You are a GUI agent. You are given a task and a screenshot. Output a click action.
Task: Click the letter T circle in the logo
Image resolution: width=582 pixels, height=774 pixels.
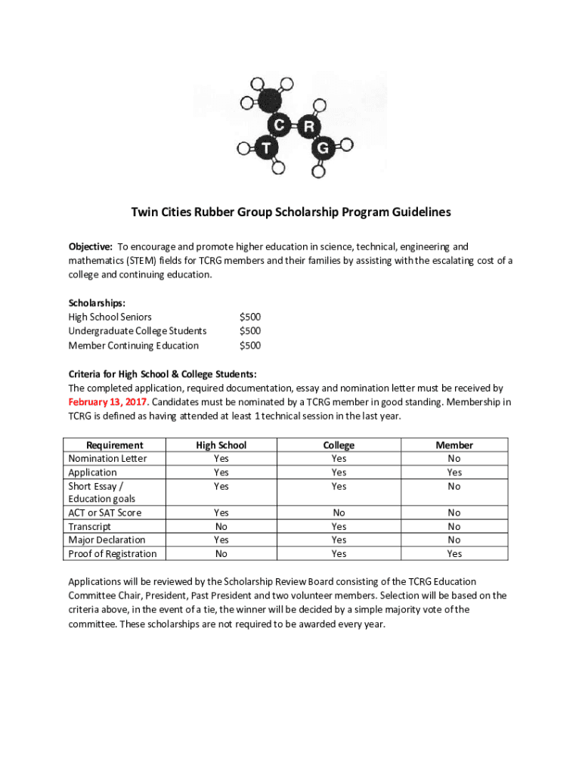(x=265, y=147)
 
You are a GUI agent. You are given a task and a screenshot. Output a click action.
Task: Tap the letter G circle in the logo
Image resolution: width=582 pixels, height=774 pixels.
(x=323, y=148)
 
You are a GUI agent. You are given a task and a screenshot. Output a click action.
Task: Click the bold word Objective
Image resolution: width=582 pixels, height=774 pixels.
(x=91, y=247)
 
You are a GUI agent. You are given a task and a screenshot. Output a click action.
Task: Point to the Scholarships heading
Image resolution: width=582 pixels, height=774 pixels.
(x=97, y=303)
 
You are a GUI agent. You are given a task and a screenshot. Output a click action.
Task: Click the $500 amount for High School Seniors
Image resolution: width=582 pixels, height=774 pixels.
(x=249, y=317)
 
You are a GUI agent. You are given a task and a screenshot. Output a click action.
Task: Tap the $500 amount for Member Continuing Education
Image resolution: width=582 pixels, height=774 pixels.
(x=249, y=346)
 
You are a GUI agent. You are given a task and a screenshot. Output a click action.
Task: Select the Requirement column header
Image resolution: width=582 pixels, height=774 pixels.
(x=115, y=445)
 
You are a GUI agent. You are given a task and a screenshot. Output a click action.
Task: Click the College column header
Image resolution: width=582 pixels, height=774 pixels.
(x=339, y=445)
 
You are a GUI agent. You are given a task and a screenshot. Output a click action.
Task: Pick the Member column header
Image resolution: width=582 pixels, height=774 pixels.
(x=454, y=445)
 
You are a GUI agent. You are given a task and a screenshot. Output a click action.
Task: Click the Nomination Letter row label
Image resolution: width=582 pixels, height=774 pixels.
(x=107, y=459)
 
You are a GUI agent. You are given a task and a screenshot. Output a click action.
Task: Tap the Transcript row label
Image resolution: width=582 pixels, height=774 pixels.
(x=89, y=527)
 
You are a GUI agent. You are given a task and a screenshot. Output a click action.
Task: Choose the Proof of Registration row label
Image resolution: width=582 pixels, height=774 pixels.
(x=113, y=554)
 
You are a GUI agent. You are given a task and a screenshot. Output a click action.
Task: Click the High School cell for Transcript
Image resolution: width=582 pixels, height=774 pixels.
(x=221, y=527)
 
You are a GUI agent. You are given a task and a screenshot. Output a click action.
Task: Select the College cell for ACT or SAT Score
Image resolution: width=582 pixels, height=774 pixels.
(x=339, y=513)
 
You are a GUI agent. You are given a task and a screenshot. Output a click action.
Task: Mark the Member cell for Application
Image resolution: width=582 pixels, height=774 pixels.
(x=454, y=472)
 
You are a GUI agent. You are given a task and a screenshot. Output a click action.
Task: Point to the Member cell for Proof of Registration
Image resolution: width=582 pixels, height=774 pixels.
(x=454, y=554)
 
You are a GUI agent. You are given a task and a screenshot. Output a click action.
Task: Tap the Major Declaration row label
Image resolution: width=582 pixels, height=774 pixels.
(x=107, y=540)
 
